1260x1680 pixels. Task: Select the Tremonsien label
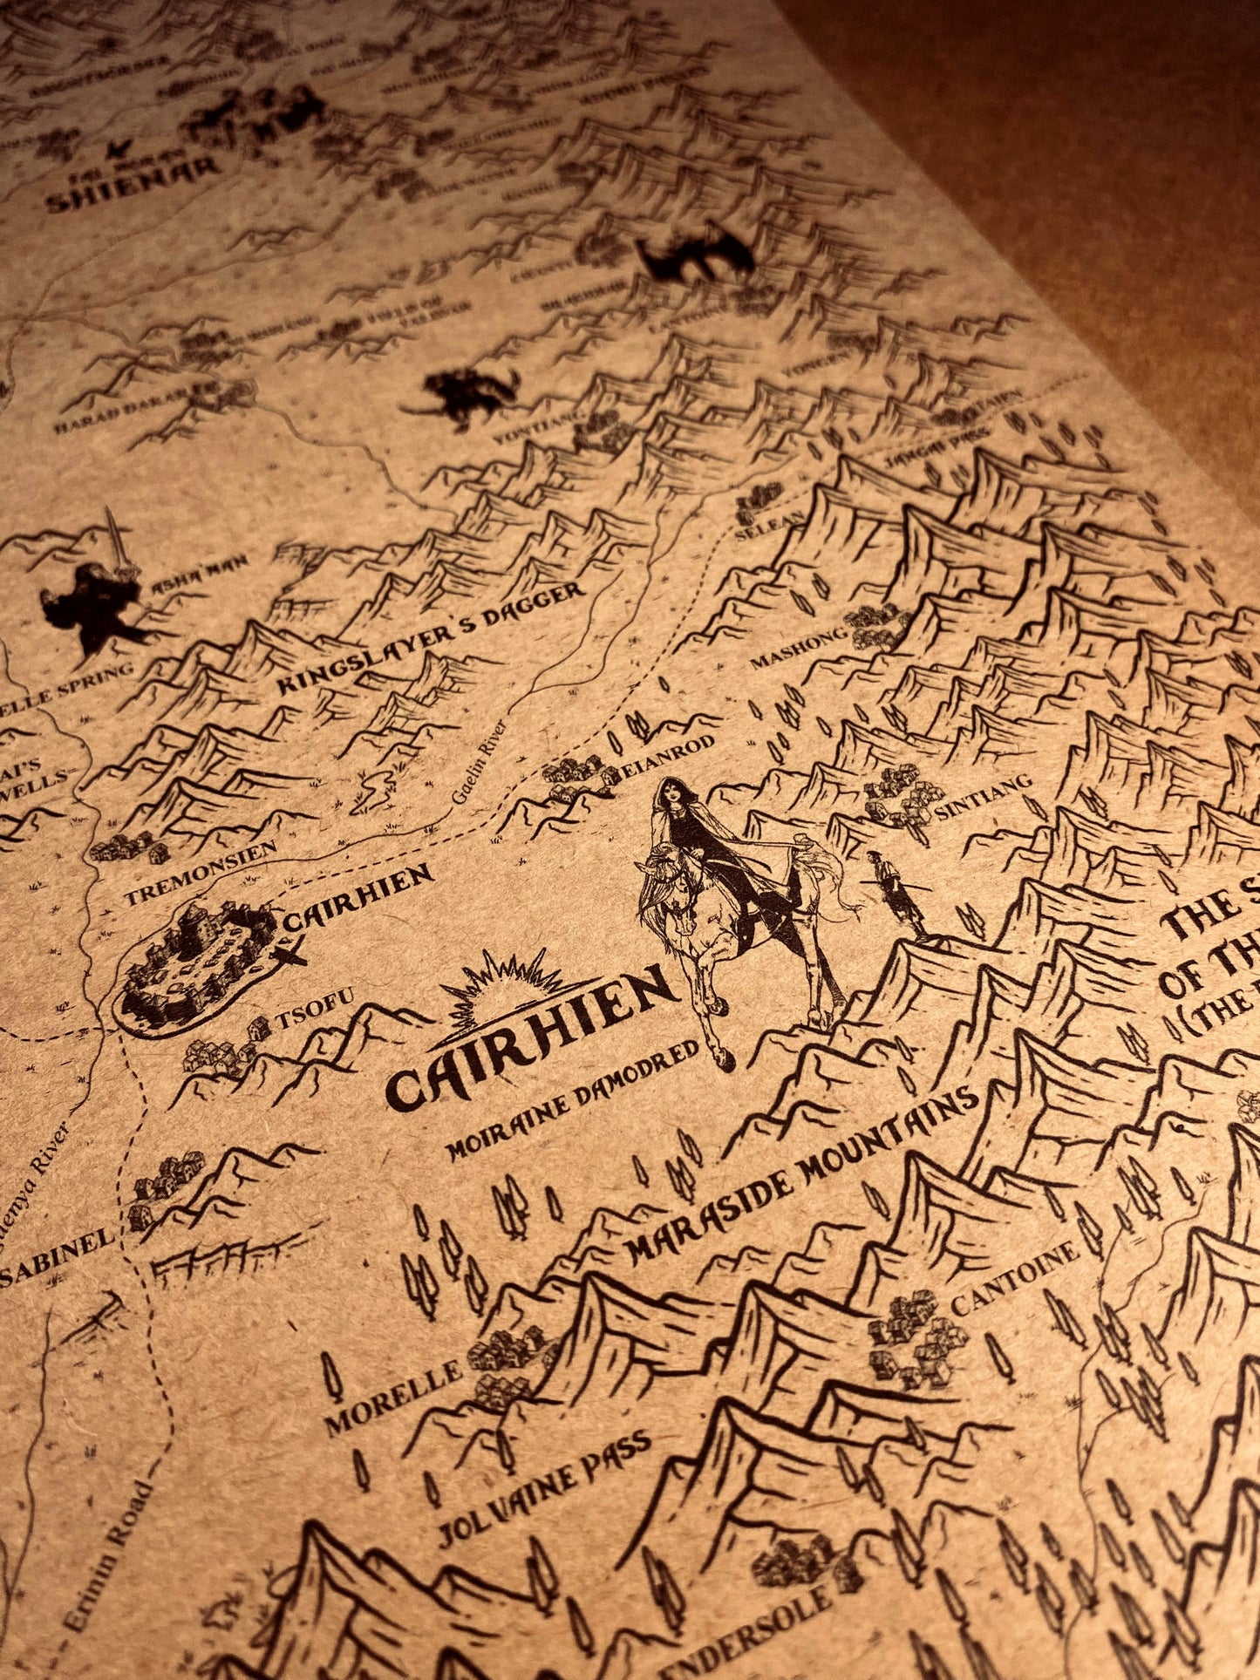200,872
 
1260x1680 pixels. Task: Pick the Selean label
755,522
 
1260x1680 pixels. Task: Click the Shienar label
131,193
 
